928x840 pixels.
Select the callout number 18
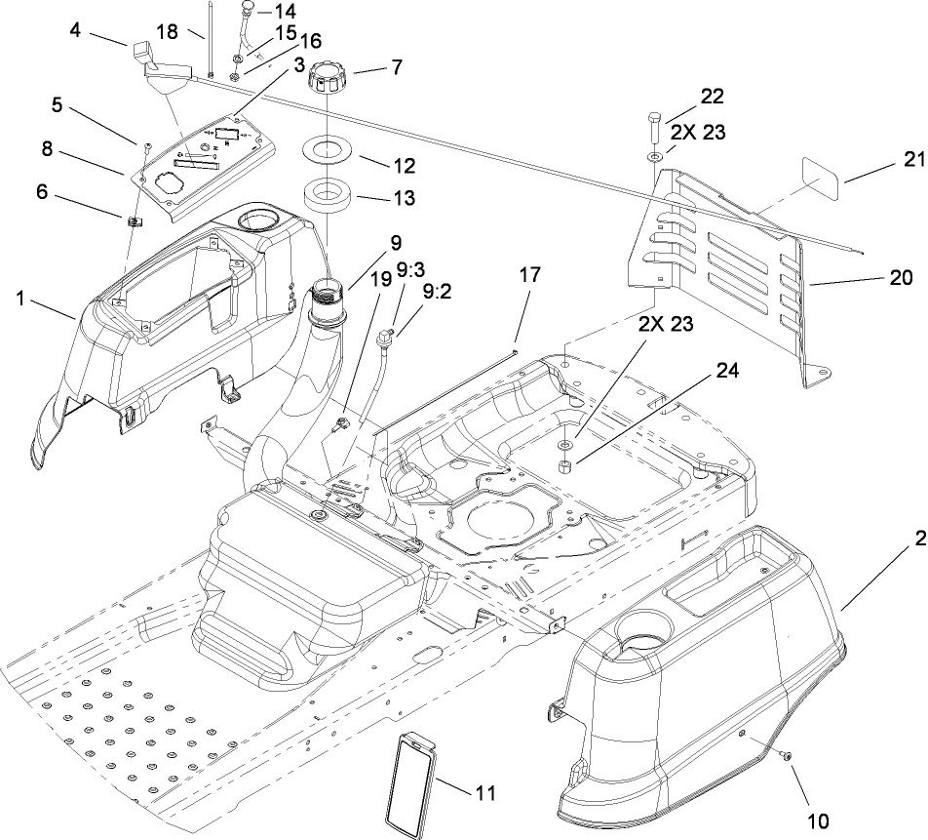[x=167, y=32]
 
